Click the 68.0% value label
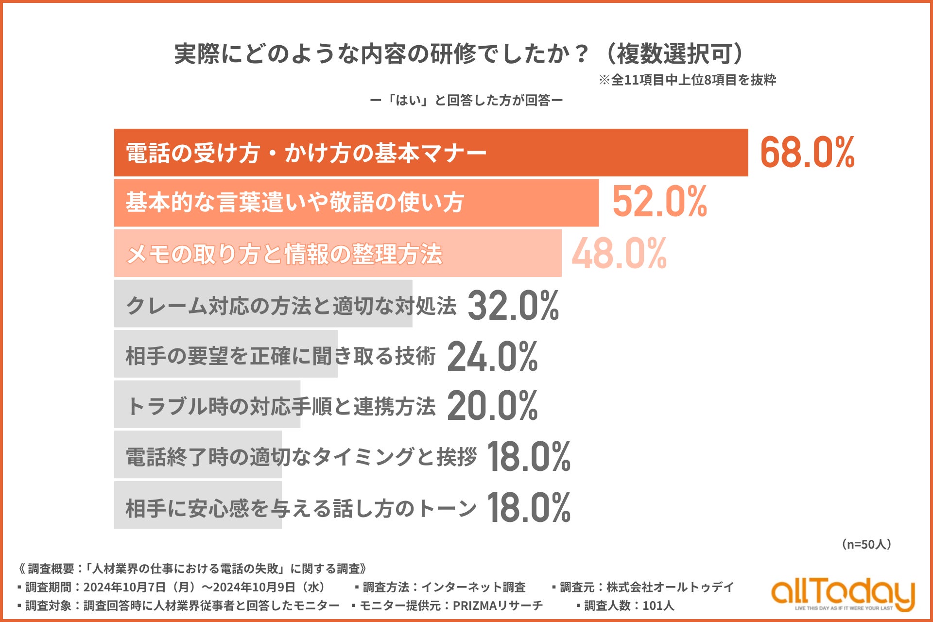(807, 153)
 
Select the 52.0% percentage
(659, 202)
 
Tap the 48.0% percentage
(619, 253)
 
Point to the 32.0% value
(513, 306)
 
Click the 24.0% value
(492, 357)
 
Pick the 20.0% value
(492, 406)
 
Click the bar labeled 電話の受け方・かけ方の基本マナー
(431, 153)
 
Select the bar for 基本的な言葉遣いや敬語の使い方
(356, 203)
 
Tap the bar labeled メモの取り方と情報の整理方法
(338, 254)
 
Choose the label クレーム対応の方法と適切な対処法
(291, 306)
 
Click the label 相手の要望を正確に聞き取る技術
(280, 356)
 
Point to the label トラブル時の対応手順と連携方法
(280, 406)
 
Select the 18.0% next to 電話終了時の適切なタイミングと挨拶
(528, 457)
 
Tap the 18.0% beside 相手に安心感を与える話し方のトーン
(528, 508)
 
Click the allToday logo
(843, 594)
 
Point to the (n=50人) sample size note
(866, 544)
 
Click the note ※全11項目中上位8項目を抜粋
(687, 80)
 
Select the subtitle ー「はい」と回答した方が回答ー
(466, 101)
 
